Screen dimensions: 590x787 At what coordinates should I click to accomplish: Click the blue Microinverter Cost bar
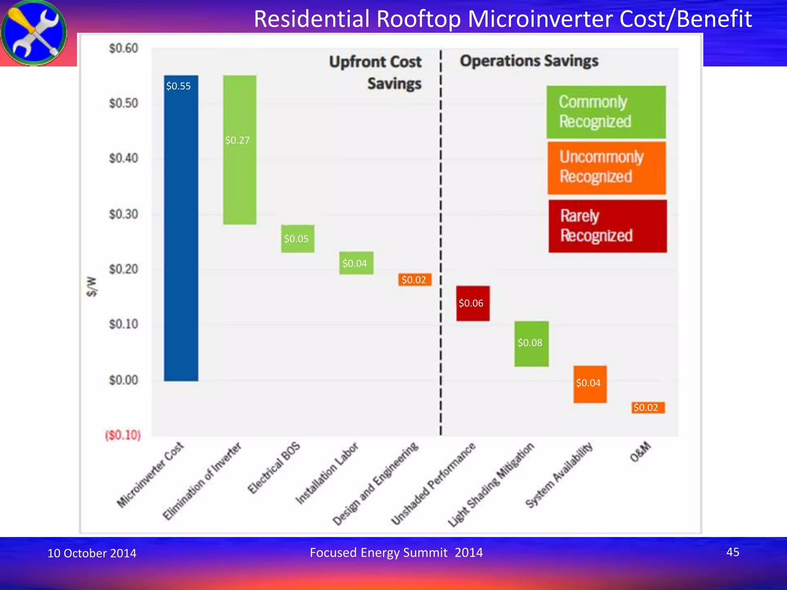[x=181, y=230]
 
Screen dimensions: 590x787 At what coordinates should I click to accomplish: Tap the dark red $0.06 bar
[x=473, y=303]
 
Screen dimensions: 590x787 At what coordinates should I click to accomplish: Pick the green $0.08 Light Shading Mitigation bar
[x=531, y=343]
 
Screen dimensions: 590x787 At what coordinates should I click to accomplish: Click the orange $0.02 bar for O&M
[x=648, y=407]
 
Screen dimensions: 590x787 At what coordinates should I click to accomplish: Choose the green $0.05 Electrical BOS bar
[x=297, y=239]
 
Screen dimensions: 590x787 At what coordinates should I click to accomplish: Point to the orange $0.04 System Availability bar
[x=590, y=384]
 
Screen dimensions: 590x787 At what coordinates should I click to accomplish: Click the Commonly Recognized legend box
[x=606, y=112]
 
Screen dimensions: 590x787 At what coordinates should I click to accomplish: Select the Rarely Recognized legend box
[x=608, y=226]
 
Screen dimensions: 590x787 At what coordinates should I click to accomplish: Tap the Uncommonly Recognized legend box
[x=606, y=168]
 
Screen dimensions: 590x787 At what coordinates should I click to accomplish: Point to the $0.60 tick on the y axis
[x=123, y=48]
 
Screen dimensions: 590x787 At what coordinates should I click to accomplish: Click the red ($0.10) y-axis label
[x=123, y=435]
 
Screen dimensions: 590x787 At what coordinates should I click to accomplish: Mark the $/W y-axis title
[x=91, y=287]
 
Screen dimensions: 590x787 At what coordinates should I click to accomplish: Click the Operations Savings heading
[x=529, y=61]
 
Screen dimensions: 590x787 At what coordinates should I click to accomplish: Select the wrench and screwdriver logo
[x=34, y=33]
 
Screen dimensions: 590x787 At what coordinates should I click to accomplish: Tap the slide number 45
[x=732, y=552]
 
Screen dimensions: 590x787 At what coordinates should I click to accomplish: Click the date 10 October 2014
[x=92, y=553]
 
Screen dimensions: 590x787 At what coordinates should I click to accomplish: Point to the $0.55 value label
[x=178, y=86]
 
